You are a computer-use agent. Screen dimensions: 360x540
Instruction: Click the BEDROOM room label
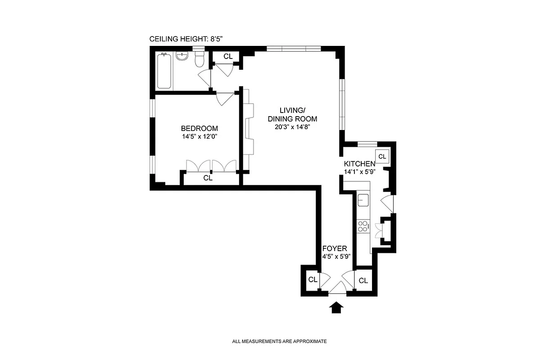tap(199, 128)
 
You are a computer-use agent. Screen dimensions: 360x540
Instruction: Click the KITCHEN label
tap(359, 164)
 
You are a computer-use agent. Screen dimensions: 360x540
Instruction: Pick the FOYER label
tap(334, 248)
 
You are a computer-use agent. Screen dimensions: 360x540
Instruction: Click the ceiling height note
tap(186, 39)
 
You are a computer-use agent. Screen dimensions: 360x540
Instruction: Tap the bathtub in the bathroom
tap(164, 71)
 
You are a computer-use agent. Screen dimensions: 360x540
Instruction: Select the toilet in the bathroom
tap(200, 59)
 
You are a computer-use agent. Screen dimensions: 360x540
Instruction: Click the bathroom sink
tap(182, 56)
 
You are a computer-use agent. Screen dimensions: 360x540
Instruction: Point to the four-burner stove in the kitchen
tap(363, 226)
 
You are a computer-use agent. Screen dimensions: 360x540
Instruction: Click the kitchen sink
tap(363, 199)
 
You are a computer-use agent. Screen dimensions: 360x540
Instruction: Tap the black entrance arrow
tap(336, 307)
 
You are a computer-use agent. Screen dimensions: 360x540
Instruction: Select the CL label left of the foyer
tap(313, 280)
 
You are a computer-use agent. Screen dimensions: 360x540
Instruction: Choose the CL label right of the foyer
tap(363, 280)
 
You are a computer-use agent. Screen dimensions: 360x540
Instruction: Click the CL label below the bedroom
tap(208, 178)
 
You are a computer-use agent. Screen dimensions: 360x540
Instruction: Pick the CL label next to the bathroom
tap(228, 56)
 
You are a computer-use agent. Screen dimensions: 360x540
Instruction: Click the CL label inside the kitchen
tap(382, 156)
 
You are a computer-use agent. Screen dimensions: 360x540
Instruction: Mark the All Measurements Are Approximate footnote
tap(279, 342)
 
